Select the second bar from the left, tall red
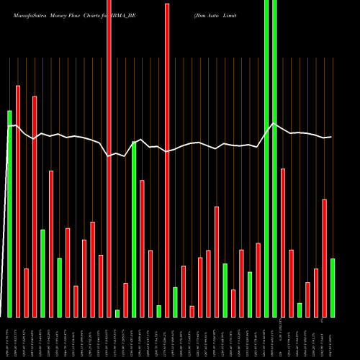[18, 201]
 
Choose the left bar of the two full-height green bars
[266, 158]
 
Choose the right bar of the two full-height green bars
[274, 158]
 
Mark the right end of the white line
[331, 137]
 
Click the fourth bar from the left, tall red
[35, 206]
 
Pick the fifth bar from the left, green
[42, 273]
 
